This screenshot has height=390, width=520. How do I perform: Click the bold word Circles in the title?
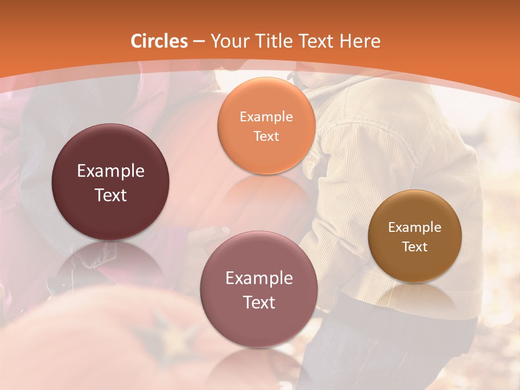[x=159, y=41]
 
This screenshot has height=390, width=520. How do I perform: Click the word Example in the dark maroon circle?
[x=110, y=171]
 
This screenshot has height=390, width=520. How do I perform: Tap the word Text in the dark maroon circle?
[x=110, y=195]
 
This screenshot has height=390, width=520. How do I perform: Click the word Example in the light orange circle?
[x=266, y=117]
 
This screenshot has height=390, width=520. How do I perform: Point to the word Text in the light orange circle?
[x=266, y=136]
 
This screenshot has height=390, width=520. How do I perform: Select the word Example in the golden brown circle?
[x=415, y=227]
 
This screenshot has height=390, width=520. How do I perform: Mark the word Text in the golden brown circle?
[x=415, y=246]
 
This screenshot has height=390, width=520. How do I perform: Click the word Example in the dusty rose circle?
[x=259, y=278]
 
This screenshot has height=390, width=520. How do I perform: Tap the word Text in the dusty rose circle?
[x=259, y=302]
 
